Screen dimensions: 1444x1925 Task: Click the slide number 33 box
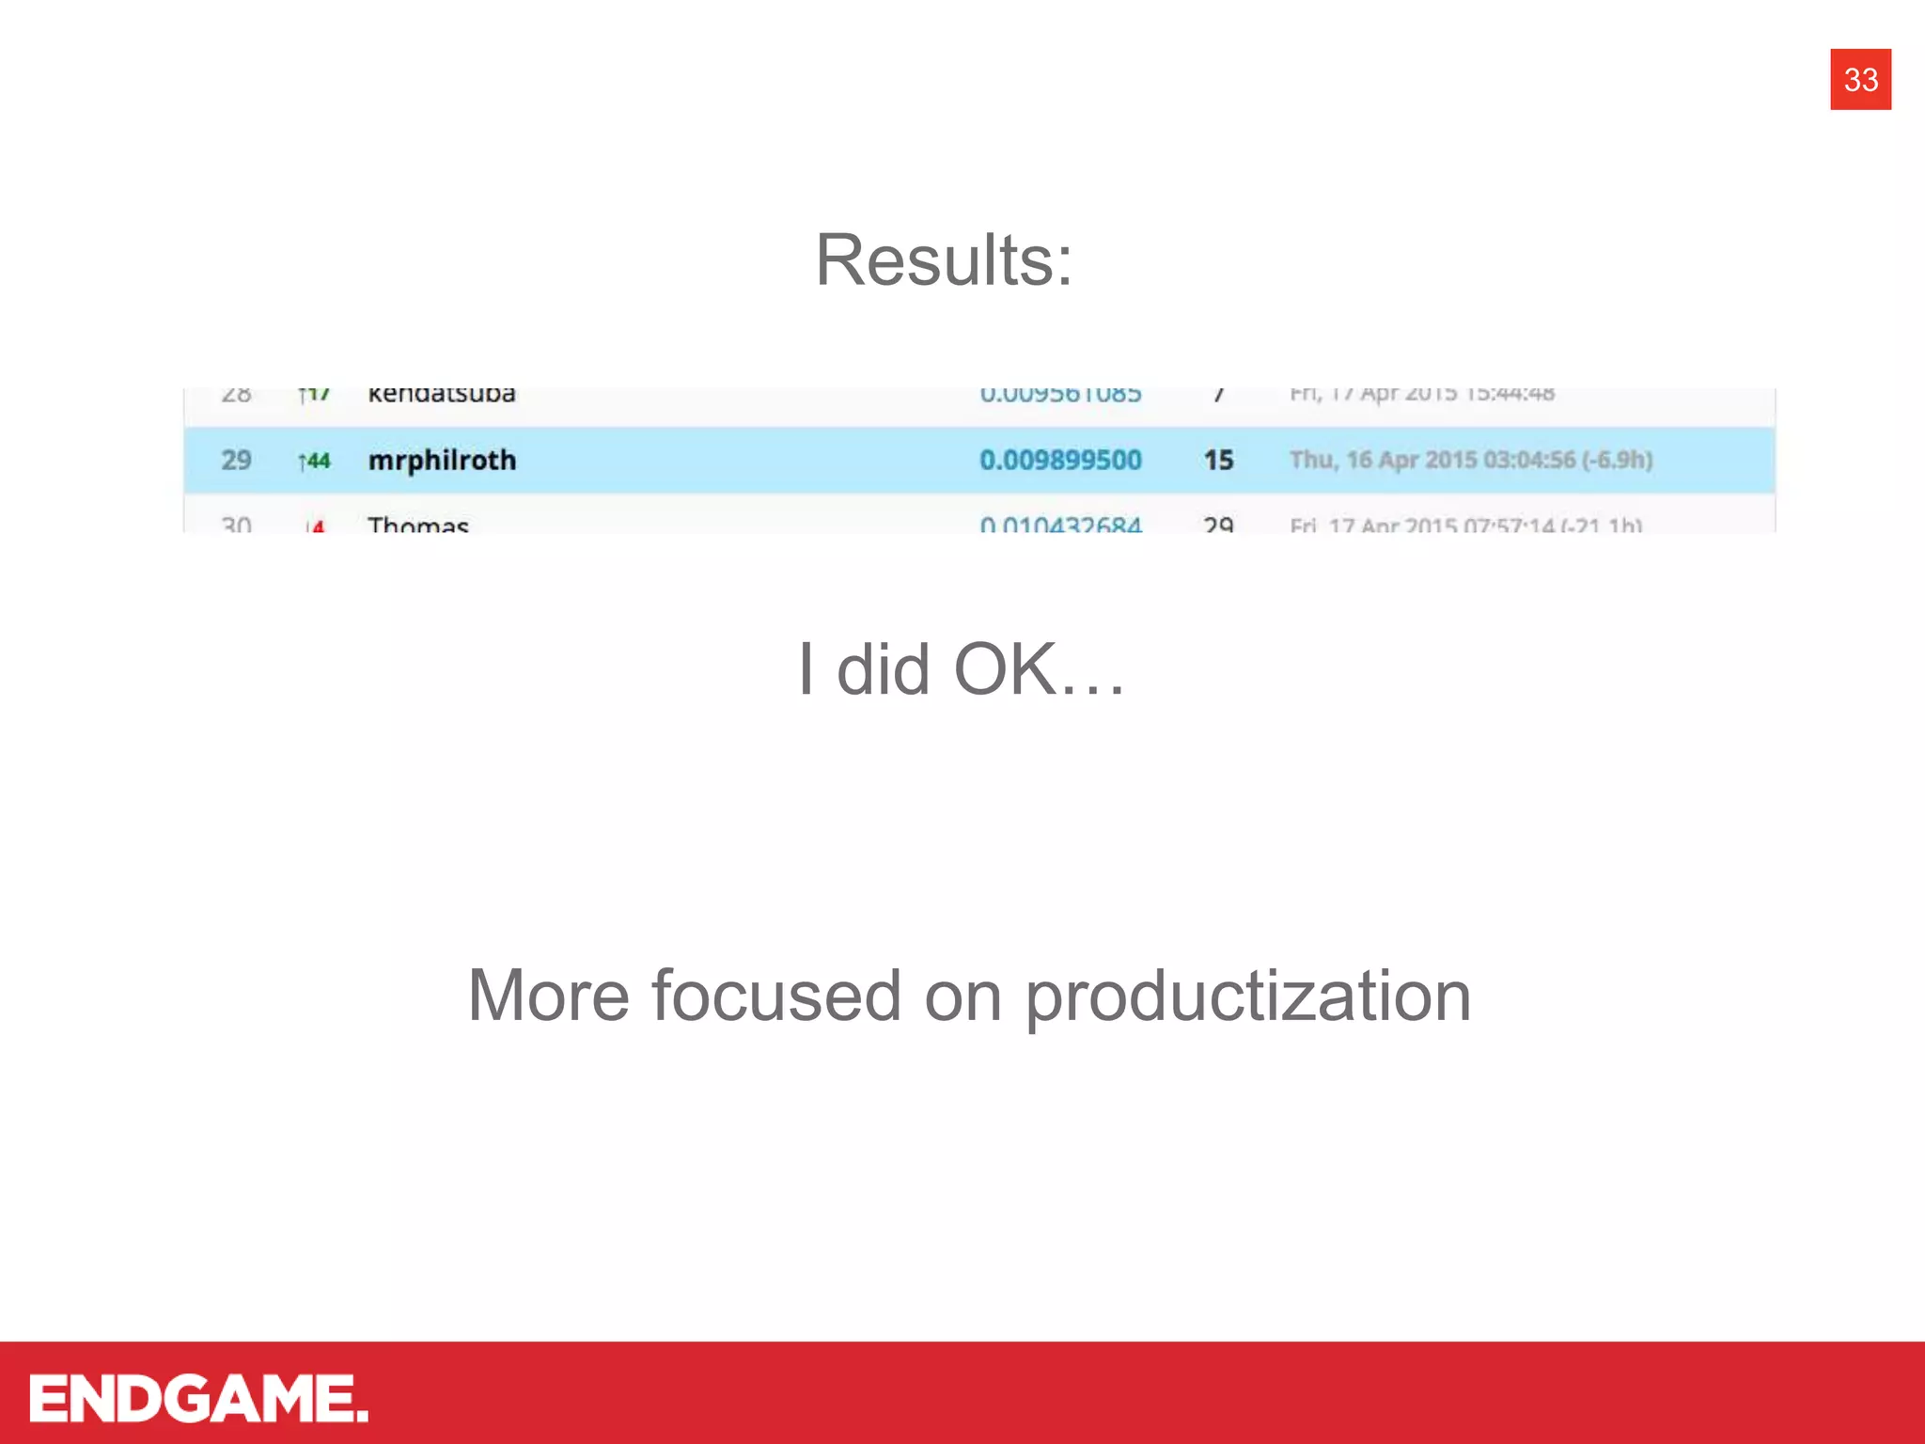1860,79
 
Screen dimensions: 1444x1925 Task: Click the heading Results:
944,260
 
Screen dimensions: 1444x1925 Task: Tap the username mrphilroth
442,460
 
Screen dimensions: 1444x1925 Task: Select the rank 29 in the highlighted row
236,460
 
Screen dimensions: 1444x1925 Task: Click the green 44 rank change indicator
315,461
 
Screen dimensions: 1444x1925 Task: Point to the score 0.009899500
1060,460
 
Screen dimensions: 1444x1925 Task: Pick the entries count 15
1218,460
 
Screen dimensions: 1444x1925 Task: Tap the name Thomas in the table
418,524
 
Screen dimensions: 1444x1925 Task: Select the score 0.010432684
1060,525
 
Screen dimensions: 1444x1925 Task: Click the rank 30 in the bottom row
236,524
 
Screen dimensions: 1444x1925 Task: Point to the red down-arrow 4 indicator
316,526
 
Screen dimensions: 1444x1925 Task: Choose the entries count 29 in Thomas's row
1218,524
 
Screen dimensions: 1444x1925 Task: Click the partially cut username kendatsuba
442,394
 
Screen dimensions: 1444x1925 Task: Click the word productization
1247,997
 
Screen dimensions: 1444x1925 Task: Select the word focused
776,996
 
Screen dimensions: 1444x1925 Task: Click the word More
548,996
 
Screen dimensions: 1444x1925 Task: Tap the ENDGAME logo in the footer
198,1398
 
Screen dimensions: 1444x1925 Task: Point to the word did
884,669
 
